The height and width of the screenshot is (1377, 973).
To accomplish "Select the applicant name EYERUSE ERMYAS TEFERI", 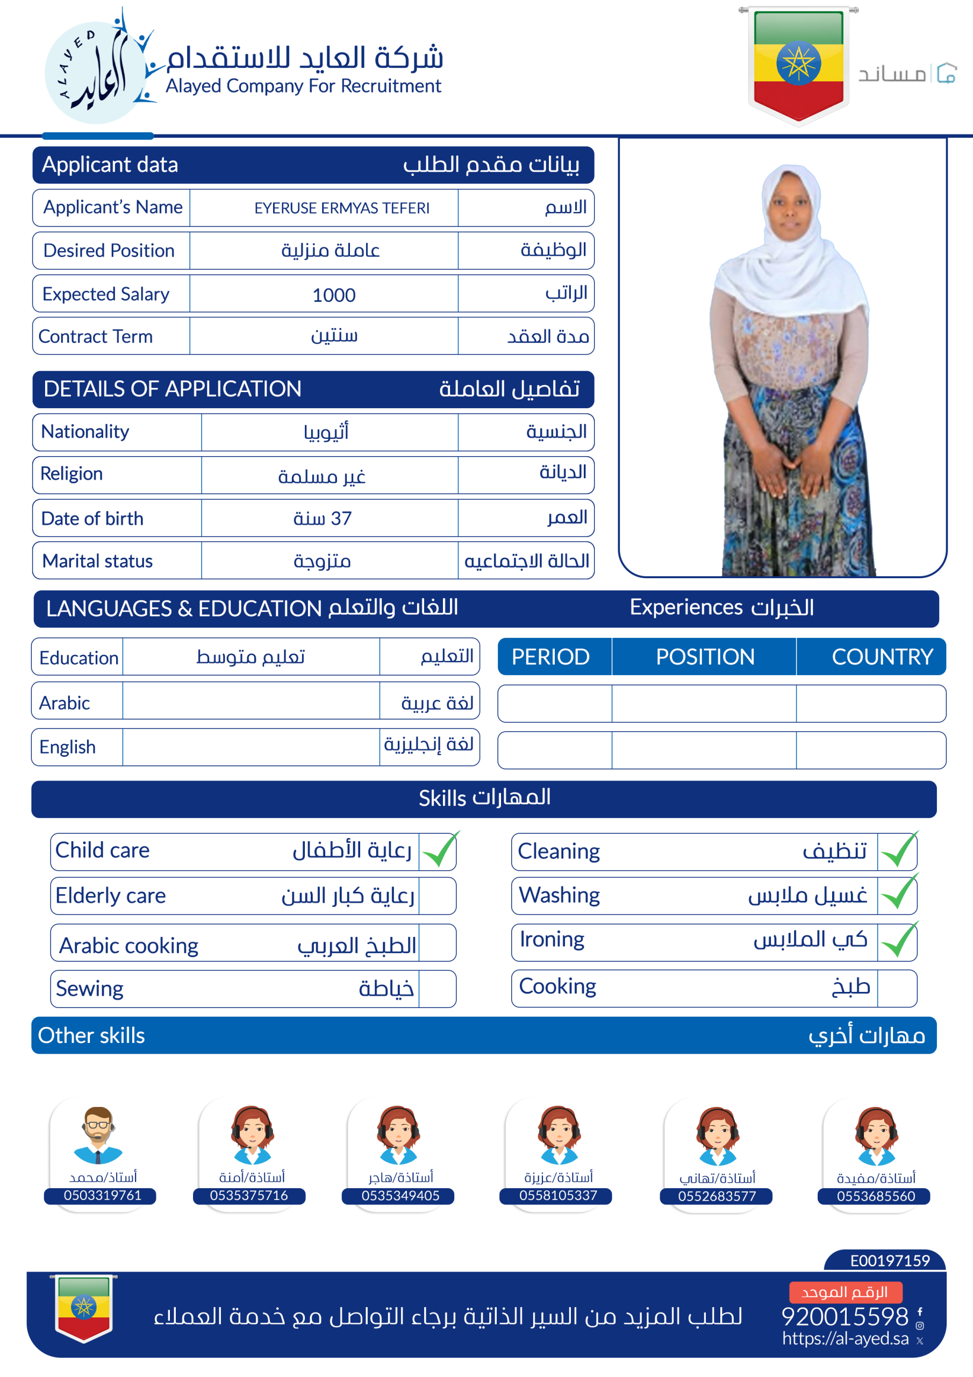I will coord(342,208).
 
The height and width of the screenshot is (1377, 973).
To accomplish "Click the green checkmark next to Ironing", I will coord(898,941).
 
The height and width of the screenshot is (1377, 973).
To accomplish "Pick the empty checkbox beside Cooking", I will coord(896,988).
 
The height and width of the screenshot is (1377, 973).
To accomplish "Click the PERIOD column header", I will coord(550,657).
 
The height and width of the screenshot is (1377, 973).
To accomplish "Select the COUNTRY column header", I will coord(882,657).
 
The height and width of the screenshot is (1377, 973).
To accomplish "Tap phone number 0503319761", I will coord(103,1195).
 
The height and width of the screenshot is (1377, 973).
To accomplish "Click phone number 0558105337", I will coord(558,1195).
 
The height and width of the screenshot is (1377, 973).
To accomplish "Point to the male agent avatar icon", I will coord(98,1135).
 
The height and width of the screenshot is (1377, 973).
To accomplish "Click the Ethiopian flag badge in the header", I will coord(798,64).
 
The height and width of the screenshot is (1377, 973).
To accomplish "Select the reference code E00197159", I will coord(890,1261).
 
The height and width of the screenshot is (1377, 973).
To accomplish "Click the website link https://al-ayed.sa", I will coord(845,1339).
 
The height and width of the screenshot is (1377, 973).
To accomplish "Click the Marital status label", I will coord(98,561).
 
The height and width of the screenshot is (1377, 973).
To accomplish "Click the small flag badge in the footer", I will coord(84,1308).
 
